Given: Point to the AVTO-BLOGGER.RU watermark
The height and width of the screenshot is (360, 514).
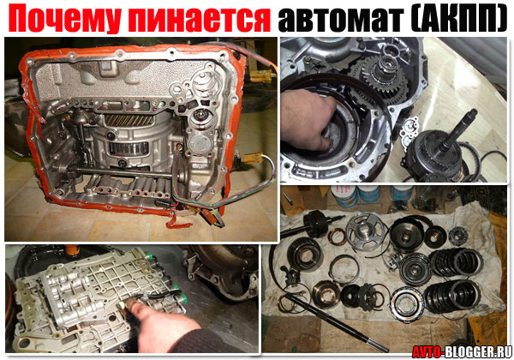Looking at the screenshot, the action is pyautogui.click(x=462, y=352).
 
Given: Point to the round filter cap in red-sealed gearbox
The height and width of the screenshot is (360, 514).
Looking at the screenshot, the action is pyautogui.click(x=200, y=144).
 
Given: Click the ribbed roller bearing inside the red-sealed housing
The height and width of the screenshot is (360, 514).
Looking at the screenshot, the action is pyautogui.click(x=128, y=148).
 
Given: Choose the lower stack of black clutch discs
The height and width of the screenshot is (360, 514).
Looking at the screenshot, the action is pyautogui.click(x=451, y=296).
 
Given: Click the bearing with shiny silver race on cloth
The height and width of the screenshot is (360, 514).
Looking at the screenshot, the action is pyautogui.click(x=407, y=304).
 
